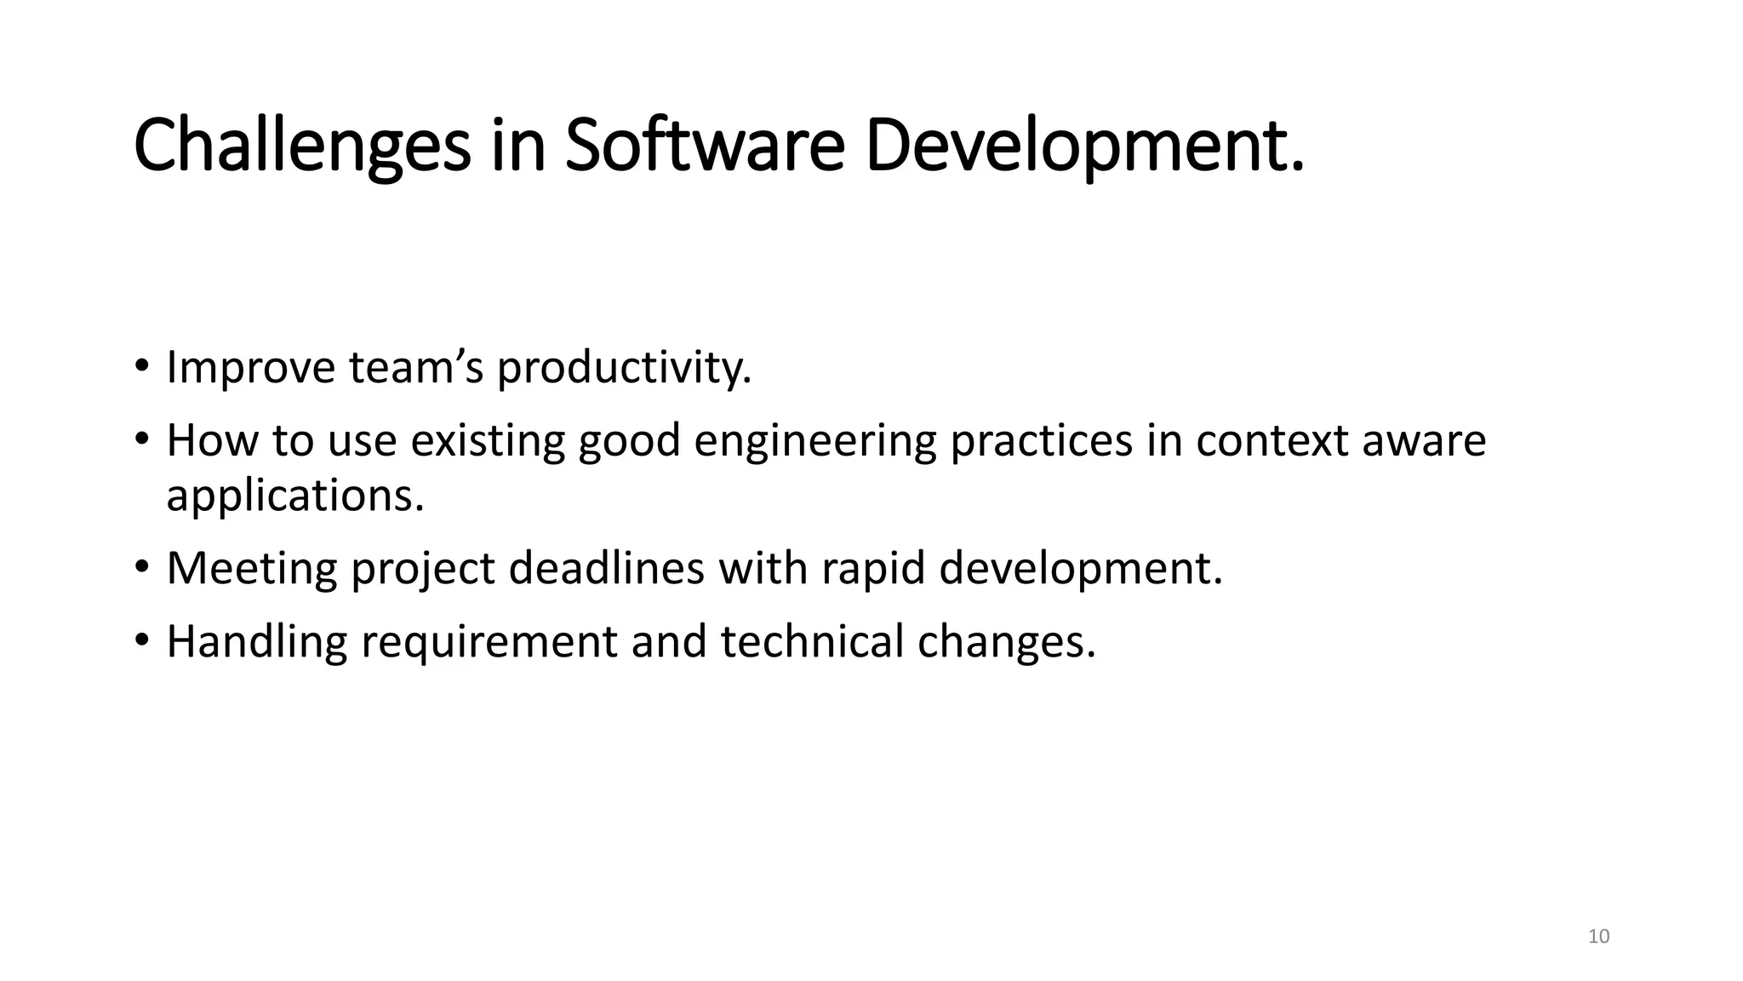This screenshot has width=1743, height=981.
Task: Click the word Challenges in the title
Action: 302,146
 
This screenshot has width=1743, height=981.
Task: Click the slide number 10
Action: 1599,937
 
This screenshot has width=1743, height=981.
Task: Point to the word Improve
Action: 250,368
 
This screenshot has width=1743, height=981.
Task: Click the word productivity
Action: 624,368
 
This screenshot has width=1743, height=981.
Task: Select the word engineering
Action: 814,441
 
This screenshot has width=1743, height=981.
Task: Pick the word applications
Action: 294,496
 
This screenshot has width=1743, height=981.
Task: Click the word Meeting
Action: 252,568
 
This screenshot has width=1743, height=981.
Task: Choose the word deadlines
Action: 606,568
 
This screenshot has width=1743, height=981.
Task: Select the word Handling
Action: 256,641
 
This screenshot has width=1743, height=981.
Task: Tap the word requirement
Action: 489,641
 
